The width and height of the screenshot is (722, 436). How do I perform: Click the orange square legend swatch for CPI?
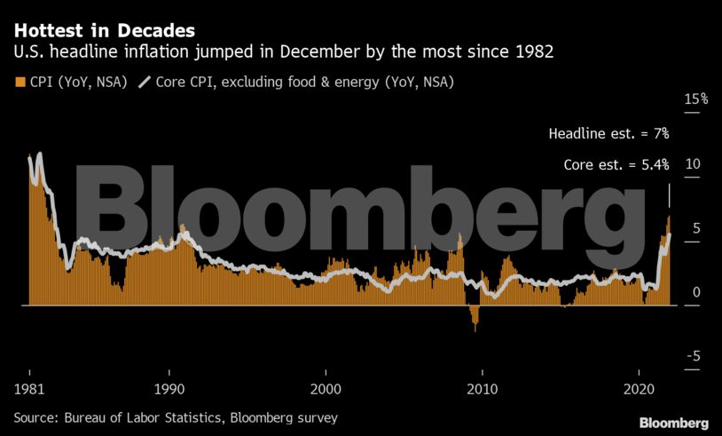pos(20,83)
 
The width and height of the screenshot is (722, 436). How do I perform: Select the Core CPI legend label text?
pos(306,83)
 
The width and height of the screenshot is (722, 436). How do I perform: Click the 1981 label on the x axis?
pos(29,390)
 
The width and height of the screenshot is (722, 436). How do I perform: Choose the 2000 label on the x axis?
pos(326,390)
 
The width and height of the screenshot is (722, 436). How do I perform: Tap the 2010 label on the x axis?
pos(483,390)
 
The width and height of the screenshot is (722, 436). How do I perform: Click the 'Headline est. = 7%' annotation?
pos(608,134)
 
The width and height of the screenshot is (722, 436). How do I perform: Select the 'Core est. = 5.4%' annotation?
pos(616,165)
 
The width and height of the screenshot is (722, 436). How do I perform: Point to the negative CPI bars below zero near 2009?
pos(475,316)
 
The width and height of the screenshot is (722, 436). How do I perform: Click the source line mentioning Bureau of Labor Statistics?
pos(175,416)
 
